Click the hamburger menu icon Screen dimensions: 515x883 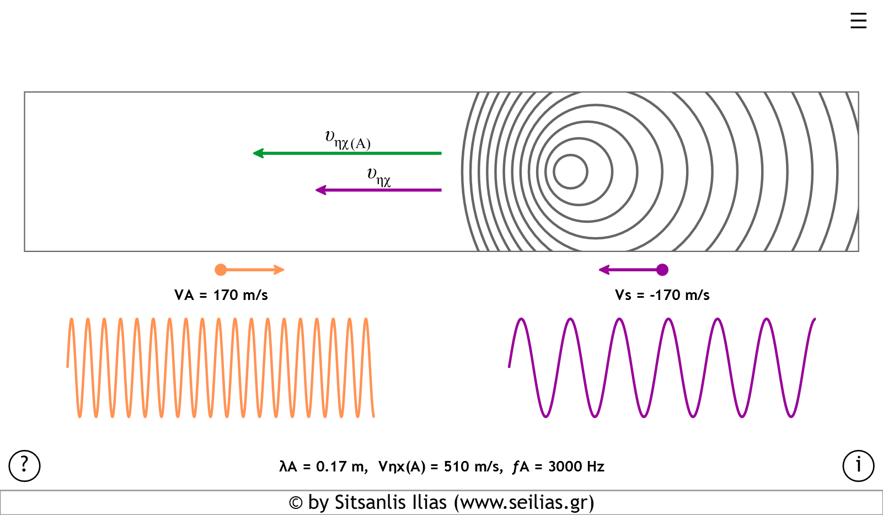coord(858,21)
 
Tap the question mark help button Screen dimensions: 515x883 coord(24,466)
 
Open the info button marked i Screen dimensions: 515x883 coord(858,466)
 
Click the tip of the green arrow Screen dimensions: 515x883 coord(254,153)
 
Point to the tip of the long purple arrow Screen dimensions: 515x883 coord(317,190)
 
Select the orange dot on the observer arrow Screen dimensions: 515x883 coord(221,270)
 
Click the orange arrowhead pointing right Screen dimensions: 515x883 coord(280,270)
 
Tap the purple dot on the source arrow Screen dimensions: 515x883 coord(662,270)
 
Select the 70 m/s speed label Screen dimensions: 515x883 coord(244,295)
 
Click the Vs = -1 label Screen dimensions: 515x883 coord(638,295)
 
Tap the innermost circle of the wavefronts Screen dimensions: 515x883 coord(571,171)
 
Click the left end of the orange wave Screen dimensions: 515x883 coord(67,367)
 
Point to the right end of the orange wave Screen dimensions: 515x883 coord(374,416)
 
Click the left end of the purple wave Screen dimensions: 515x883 coord(509,367)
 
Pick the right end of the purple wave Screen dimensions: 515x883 coord(815,319)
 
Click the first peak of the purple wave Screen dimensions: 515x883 coord(521,319)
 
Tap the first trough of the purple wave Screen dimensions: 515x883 coord(546,416)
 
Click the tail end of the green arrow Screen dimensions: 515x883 coord(441,153)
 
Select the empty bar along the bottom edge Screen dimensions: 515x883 coord(441,502)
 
